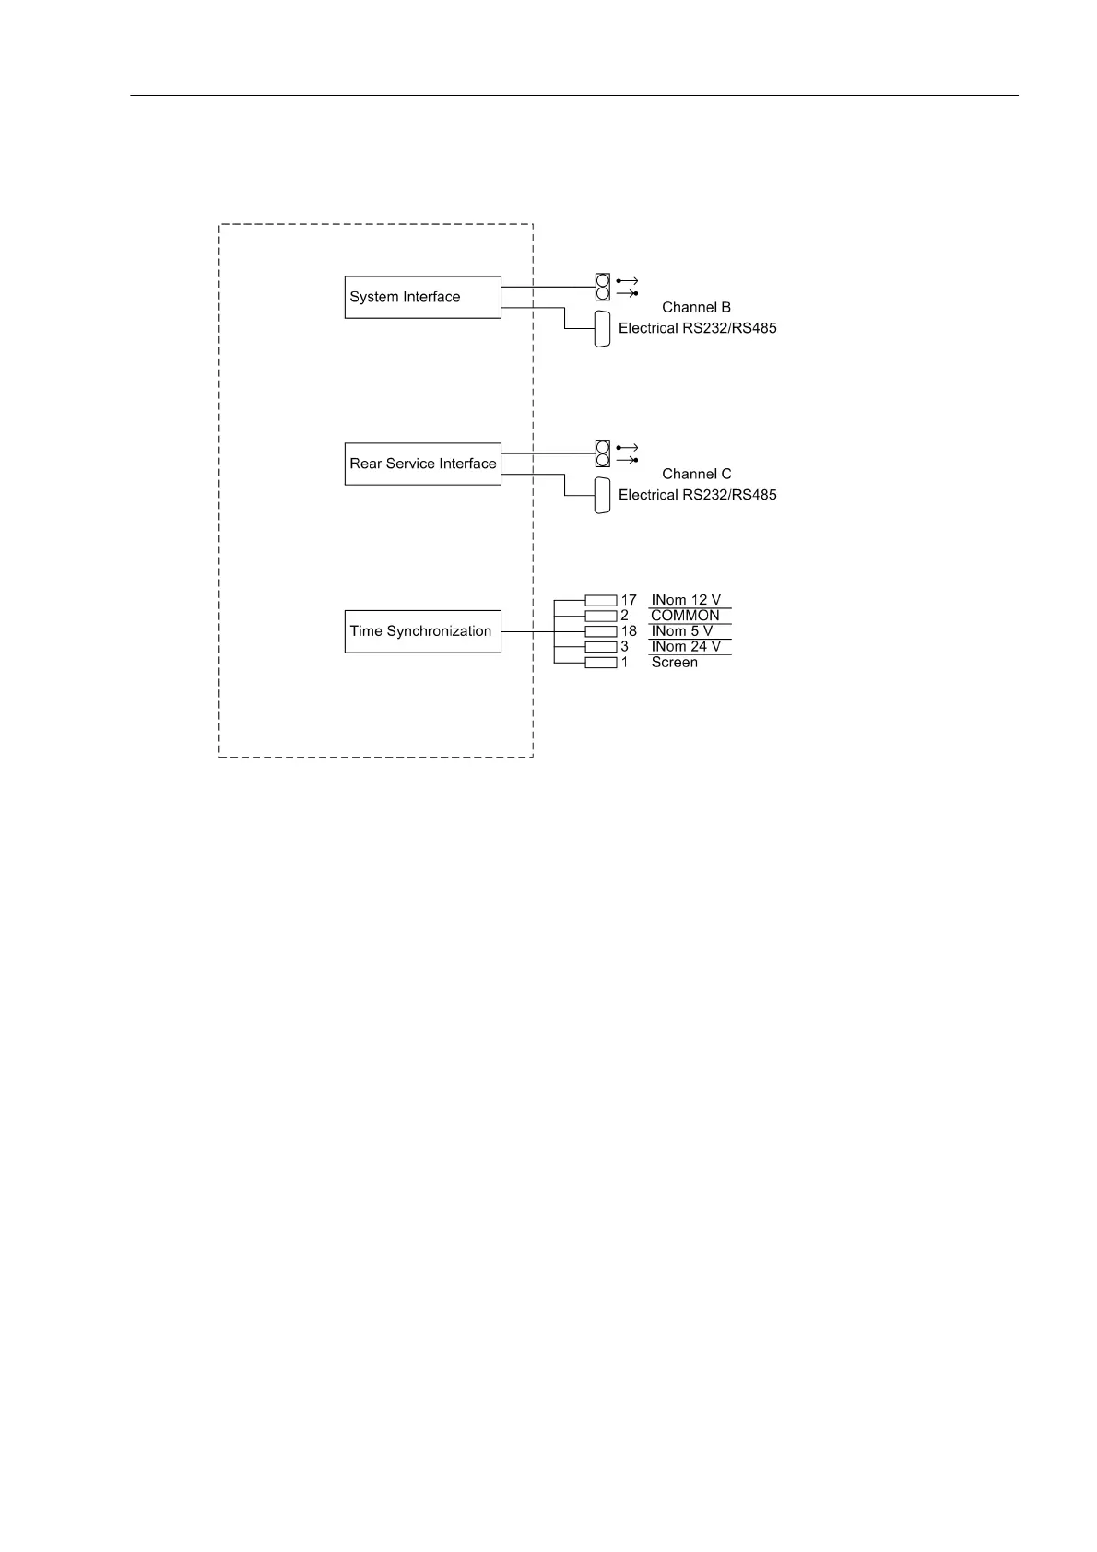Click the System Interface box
422,297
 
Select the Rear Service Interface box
422,464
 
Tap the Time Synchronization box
422,631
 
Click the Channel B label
696,307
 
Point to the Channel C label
696,474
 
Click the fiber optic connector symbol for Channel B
603,287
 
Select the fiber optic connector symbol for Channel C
603,453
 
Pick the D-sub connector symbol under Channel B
603,329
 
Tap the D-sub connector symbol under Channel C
603,496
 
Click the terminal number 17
629,600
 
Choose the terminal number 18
629,631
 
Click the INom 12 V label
686,600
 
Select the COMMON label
685,616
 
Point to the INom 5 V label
682,631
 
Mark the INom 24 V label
686,647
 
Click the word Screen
674,663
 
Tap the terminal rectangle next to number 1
601,663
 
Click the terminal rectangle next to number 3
601,647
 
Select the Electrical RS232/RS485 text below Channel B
697,328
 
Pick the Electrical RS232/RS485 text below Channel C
697,495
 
